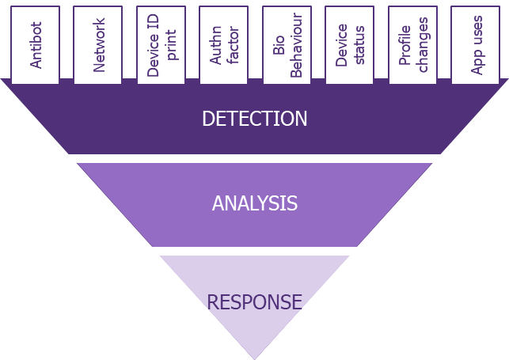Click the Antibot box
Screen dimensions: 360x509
[x=36, y=45]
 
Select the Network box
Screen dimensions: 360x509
[x=98, y=45]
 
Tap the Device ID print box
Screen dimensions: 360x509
[x=161, y=45]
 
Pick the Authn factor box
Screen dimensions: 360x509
[x=224, y=45]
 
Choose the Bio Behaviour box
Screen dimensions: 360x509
[x=287, y=45]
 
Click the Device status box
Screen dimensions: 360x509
[x=350, y=45]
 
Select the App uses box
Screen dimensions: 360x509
[x=476, y=45]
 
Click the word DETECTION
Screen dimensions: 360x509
[x=254, y=119]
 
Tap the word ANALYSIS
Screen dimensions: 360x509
[x=254, y=203]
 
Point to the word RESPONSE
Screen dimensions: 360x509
[x=254, y=301]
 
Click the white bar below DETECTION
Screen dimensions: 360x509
[x=256, y=158]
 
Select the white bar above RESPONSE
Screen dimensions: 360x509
[x=248, y=251]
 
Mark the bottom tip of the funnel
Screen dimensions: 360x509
[x=254, y=356]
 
